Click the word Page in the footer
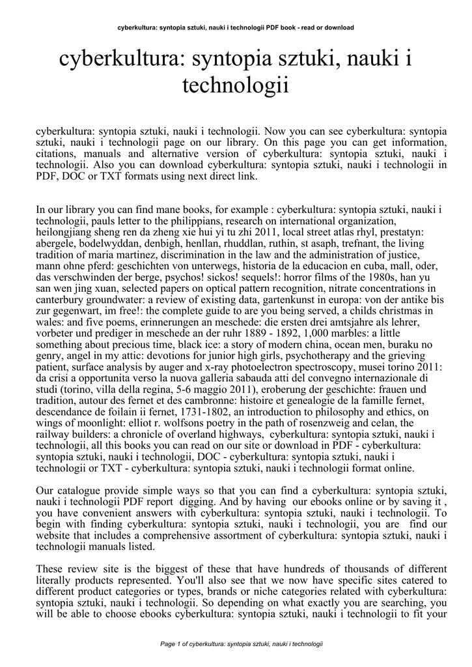[168, 644]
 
